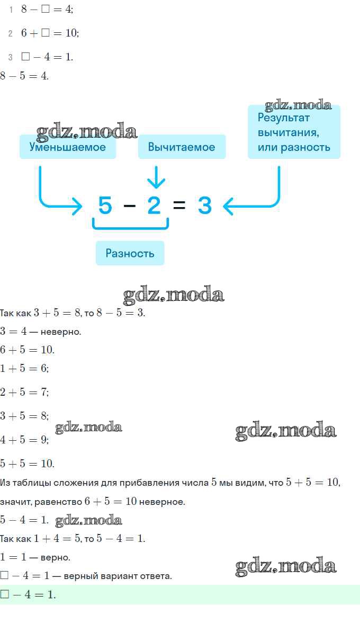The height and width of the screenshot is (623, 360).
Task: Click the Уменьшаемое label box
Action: click(67, 147)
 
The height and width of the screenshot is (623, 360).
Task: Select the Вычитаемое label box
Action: click(182, 147)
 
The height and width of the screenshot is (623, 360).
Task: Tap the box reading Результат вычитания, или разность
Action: click(294, 132)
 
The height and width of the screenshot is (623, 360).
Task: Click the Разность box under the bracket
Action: click(130, 253)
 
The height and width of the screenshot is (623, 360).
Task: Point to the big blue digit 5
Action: click(105, 205)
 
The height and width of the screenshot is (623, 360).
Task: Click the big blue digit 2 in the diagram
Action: click(154, 205)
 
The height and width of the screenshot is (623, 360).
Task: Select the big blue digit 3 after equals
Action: click(204, 205)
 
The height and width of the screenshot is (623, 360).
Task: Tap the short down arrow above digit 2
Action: click(156, 177)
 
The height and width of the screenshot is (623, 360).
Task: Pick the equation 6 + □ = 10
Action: click(50, 33)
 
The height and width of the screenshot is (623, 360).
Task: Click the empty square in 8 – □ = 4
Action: click(45, 8)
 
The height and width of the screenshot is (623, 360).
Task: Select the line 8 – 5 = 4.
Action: click(24, 75)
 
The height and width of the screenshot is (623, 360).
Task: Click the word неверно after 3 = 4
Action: click(61, 332)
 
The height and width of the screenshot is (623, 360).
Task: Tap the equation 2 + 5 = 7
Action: click(24, 392)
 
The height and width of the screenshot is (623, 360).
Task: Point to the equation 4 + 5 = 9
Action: click(24, 440)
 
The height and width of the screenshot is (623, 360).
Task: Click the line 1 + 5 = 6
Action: click(24, 368)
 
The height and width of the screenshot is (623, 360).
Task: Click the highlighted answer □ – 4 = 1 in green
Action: click(28, 594)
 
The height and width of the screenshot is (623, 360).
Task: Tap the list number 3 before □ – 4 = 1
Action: click(10, 57)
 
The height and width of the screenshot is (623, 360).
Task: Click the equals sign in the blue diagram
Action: click(179, 205)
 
